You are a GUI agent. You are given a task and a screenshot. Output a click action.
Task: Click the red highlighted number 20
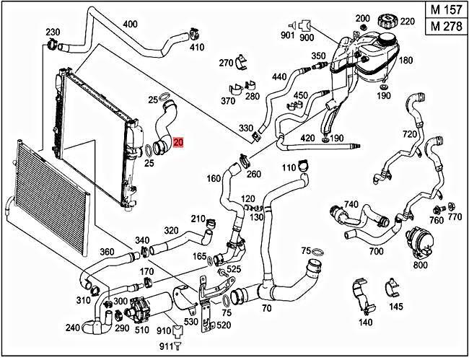tap(178, 144)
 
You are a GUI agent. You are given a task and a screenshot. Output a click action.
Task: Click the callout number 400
tap(130, 24)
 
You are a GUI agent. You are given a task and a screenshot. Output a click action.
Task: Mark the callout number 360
tap(106, 252)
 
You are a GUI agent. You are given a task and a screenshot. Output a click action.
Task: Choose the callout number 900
tap(307, 37)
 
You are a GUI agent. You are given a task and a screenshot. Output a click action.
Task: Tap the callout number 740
tap(350, 205)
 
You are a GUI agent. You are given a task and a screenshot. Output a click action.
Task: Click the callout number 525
tap(234, 269)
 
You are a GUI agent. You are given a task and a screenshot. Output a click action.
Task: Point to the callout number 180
tap(406, 60)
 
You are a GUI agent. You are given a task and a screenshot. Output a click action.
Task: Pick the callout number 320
tap(170, 231)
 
